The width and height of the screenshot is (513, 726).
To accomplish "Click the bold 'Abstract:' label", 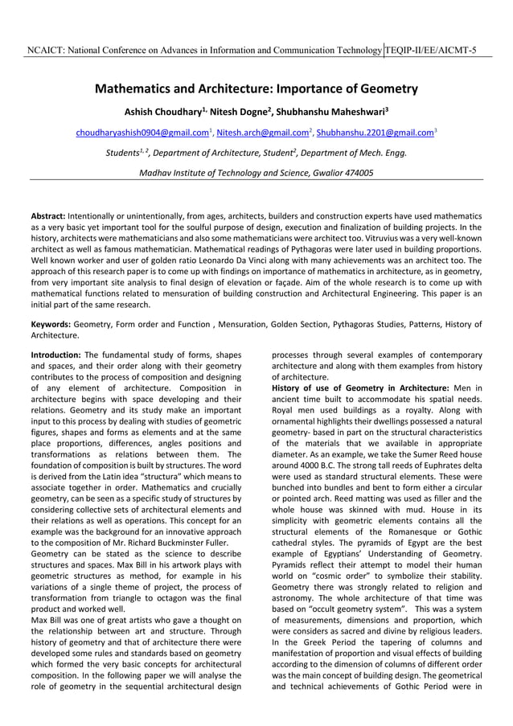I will [x=48, y=217].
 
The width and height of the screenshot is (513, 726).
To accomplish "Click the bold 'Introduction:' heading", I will [x=55, y=355].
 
